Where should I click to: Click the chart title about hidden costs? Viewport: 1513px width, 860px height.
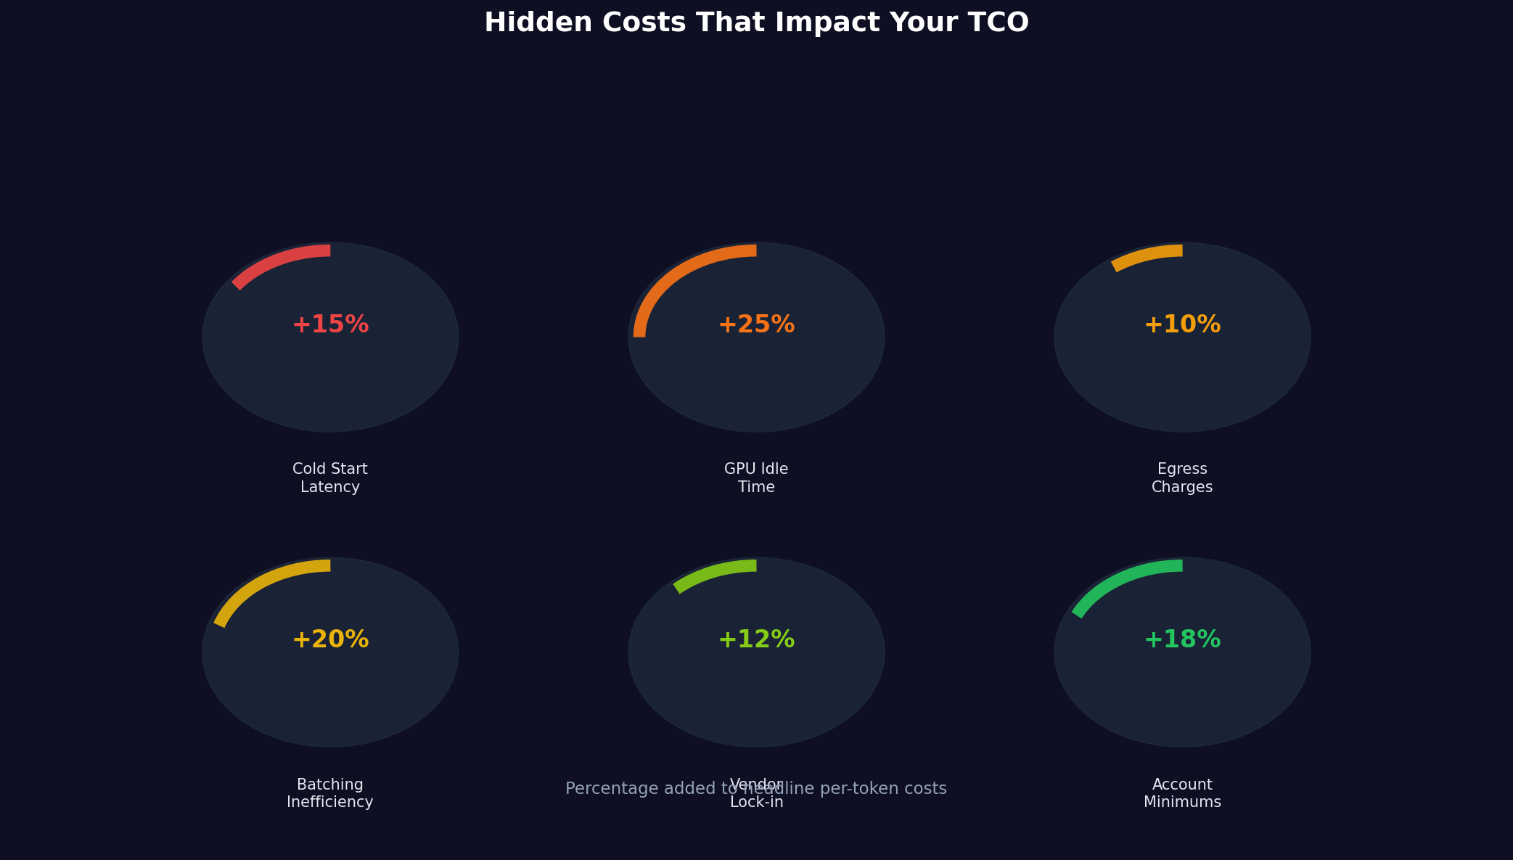click(756, 22)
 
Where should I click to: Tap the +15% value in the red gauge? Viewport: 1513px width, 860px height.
click(330, 324)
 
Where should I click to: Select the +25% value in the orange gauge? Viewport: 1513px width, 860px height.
click(756, 324)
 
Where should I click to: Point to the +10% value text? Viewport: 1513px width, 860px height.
click(1182, 324)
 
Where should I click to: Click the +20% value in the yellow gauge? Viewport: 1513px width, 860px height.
click(330, 639)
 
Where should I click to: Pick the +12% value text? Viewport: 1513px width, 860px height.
click(756, 639)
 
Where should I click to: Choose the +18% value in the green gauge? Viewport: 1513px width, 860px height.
click(1182, 639)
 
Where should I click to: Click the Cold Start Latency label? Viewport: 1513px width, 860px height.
click(330, 478)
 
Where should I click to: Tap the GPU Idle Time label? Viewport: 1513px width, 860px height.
click(756, 478)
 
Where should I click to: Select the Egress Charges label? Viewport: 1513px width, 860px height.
click(1182, 478)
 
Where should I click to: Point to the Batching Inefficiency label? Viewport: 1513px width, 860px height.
click(330, 793)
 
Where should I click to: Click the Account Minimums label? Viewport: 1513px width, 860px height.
click(1182, 793)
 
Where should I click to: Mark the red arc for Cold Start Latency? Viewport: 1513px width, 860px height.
click(276, 261)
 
